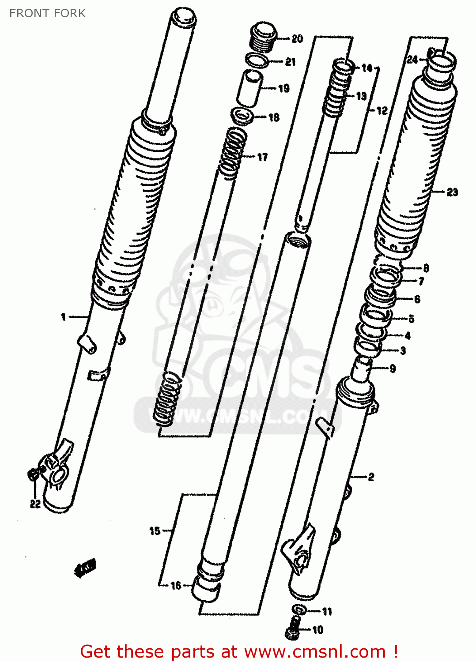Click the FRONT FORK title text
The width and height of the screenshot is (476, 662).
pyautogui.click(x=47, y=13)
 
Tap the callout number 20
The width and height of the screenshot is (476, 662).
pyautogui.click(x=297, y=39)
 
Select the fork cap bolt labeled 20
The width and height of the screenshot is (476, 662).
pyautogui.click(x=263, y=36)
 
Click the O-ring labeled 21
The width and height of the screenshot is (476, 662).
pyautogui.click(x=257, y=60)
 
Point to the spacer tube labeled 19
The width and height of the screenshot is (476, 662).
pyautogui.click(x=250, y=88)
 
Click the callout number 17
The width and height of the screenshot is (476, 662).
pyautogui.click(x=262, y=157)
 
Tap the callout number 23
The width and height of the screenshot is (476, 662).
pyautogui.click(x=452, y=192)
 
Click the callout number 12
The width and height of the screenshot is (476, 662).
pyautogui.click(x=382, y=110)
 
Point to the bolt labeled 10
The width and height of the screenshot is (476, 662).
pyautogui.click(x=293, y=628)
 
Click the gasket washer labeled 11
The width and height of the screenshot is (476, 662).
pyautogui.click(x=299, y=609)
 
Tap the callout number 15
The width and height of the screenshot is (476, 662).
pyautogui.click(x=155, y=531)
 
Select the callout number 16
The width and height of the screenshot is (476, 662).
pyautogui.click(x=176, y=586)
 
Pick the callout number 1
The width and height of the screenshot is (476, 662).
pyautogui.click(x=64, y=316)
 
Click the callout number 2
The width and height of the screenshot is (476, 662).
pyautogui.click(x=371, y=477)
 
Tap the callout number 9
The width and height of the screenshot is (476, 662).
pyautogui.click(x=393, y=369)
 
